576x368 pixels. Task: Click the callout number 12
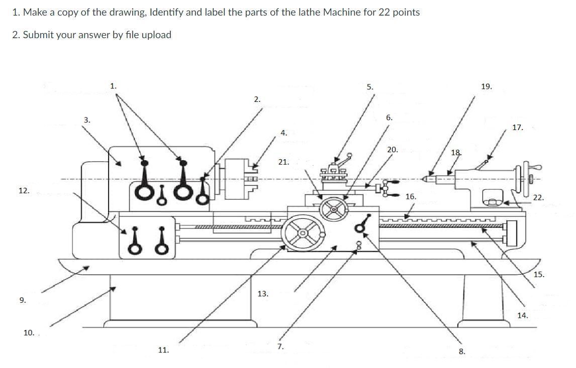(x=24, y=191)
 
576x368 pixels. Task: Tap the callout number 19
(x=486, y=87)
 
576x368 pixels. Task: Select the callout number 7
(x=280, y=346)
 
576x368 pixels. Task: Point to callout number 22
(x=538, y=198)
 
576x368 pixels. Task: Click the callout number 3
(x=87, y=119)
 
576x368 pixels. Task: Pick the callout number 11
(x=163, y=350)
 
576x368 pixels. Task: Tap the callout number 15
(x=538, y=275)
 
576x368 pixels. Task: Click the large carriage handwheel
(x=303, y=233)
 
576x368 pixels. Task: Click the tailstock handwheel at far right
(x=527, y=178)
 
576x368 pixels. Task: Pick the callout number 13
(x=263, y=294)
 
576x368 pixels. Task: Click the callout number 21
(x=283, y=162)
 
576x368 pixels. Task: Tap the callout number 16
(x=410, y=197)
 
